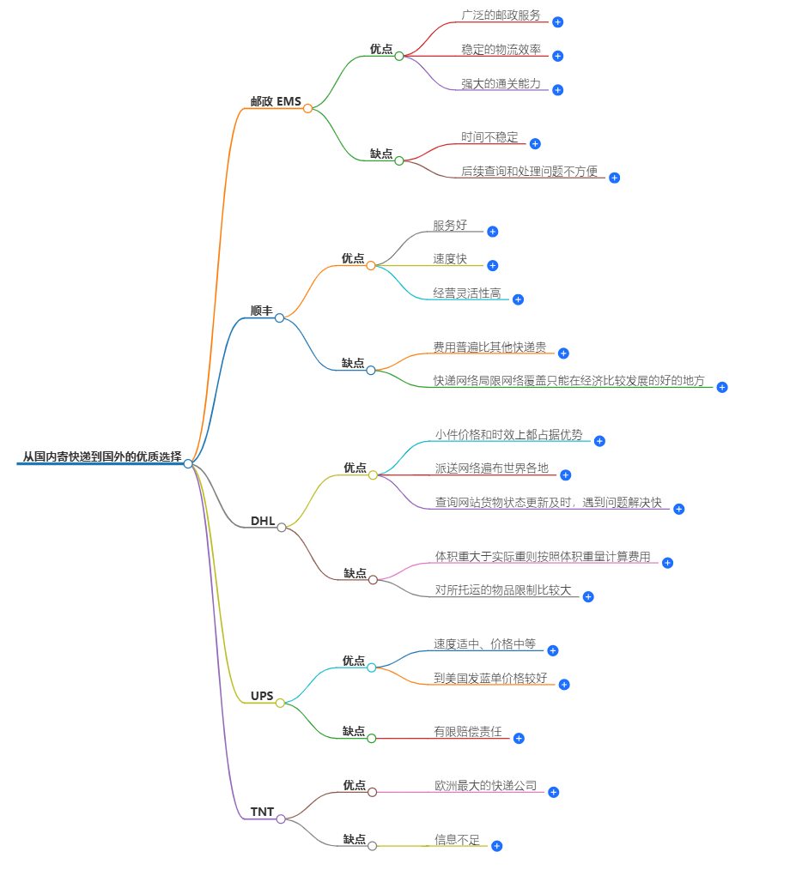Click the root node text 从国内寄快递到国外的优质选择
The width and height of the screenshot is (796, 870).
(101, 456)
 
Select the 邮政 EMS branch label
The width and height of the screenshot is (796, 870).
(276, 101)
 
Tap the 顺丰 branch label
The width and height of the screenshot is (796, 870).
(261, 311)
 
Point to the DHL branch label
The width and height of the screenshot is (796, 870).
(263, 521)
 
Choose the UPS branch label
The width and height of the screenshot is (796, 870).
(262, 696)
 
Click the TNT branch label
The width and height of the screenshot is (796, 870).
(262, 812)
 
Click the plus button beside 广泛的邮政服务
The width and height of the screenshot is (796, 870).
(558, 21)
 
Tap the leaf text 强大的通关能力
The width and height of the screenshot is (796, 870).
(501, 83)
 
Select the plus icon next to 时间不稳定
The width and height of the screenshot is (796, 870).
(535, 143)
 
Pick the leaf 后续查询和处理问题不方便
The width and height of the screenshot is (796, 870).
(529, 171)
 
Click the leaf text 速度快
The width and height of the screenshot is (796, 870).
(450, 259)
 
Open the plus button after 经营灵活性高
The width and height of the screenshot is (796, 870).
(518, 299)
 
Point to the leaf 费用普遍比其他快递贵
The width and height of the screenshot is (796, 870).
(489, 347)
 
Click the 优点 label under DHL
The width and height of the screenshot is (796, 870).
(355, 468)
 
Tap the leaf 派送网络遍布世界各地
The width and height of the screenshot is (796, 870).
(491, 468)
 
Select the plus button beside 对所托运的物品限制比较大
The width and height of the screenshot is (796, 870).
(588, 596)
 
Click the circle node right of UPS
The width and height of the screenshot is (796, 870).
(281, 703)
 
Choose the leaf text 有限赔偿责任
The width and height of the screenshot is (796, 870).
(467, 732)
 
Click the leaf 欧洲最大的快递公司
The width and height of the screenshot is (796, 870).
(485, 786)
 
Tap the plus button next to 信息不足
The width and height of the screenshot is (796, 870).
(496, 846)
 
